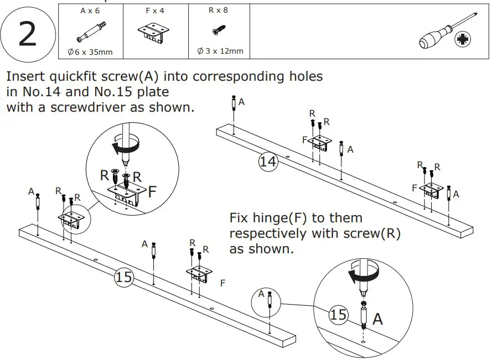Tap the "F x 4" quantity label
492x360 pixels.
tap(155, 11)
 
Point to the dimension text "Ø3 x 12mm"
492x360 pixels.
tap(220, 51)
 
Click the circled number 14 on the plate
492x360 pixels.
tap(268, 161)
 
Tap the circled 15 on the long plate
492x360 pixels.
tap(124, 276)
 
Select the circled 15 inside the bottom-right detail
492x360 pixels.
tap(338, 315)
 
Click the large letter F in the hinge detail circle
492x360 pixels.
tap(153, 192)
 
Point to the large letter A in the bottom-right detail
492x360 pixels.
tap(378, 319)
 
